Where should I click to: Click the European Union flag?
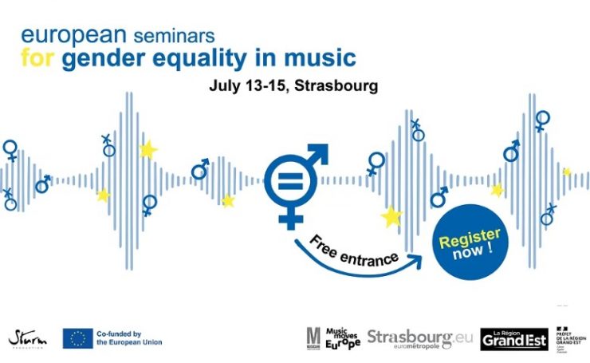point(77,338)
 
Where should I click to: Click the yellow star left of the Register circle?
point(391,216)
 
